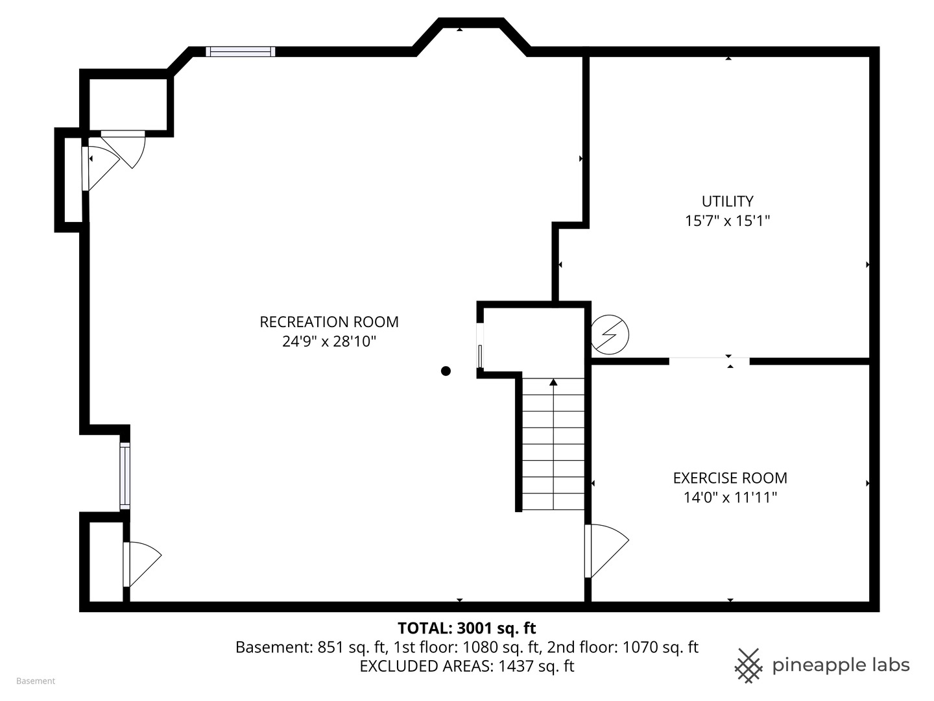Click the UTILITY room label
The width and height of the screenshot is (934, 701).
[727, 201]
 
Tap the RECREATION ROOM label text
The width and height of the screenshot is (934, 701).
[329, 322]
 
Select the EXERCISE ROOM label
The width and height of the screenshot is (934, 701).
[730, 478]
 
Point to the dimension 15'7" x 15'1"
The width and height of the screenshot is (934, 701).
[727, 221]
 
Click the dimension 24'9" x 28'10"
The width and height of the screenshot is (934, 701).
[329, 341]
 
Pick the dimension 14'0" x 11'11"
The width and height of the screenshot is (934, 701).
[730, 498]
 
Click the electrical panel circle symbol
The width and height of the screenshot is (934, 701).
[610, 334]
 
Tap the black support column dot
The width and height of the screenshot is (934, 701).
[446, 371]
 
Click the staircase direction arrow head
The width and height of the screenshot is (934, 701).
[553, 382]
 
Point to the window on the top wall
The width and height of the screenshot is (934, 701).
[241, 52]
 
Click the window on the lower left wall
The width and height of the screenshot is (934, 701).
[125, 475]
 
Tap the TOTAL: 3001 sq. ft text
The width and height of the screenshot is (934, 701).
[466, 628]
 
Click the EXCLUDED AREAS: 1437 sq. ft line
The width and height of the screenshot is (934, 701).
[466, 666]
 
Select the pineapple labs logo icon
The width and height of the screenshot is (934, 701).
[748, 665]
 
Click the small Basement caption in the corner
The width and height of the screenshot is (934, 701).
[36, 681]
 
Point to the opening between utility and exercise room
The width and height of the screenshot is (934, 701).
[709, 361]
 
